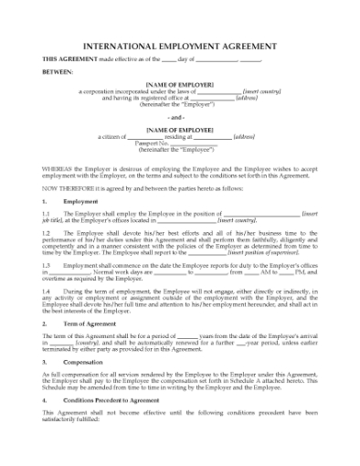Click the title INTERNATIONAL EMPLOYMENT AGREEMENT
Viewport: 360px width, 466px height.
click(179, 43)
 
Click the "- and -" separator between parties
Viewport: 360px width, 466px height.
click(179, 118)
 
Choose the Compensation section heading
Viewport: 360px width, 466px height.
click(85, 362)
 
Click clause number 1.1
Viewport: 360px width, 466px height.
click(47, 212)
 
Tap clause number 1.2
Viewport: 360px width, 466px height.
click(47, 233)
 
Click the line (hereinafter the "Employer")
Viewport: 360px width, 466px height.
click(179, 104)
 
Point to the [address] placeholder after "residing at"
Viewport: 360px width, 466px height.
click(244, 136)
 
